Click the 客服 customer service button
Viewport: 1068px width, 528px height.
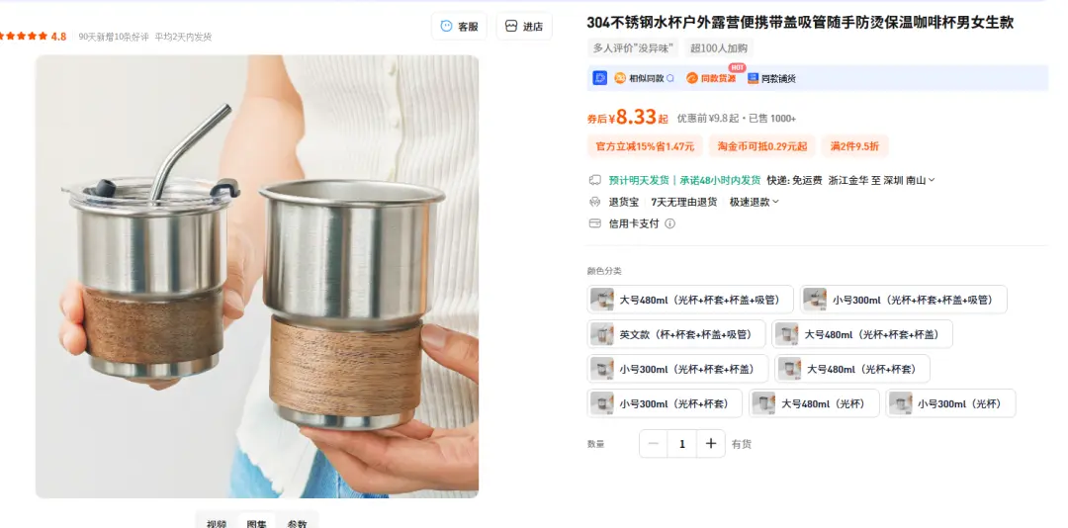(x=459, y=27)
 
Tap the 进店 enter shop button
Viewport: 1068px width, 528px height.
(x=524, y=27)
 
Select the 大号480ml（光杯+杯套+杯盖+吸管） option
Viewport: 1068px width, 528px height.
(x=691, y=300)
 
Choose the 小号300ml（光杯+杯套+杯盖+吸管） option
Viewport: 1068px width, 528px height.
(x=903, y=300)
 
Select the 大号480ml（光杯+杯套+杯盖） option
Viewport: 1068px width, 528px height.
(x=862, y=334)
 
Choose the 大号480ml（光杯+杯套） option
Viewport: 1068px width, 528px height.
(x=851, y=369)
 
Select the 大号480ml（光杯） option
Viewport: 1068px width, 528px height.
(x=814, y=403)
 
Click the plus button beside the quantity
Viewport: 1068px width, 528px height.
(x=710, y=444)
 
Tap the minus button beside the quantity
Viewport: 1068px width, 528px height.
(x=654, y=444)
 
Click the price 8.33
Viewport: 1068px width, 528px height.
(x=633, y=118)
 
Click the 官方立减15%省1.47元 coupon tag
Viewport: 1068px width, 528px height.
(x=644, y=146)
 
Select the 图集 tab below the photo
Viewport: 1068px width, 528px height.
(x=256, y=523)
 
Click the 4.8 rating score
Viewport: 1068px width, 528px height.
(x=58, y=37)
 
